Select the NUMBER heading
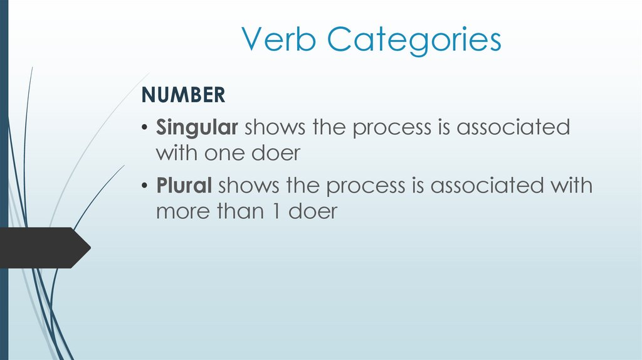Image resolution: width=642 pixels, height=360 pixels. pos(182,95)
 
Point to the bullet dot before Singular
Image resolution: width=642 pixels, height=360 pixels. pos(145,129)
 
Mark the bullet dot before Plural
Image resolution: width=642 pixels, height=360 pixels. pos(145,186)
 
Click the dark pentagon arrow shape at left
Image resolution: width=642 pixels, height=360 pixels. pos(44,248)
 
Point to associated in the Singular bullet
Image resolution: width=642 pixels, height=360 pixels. pos(513,128)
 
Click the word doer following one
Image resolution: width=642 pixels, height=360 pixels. pos(276,153)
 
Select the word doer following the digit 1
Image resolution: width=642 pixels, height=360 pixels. pos(313,211)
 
